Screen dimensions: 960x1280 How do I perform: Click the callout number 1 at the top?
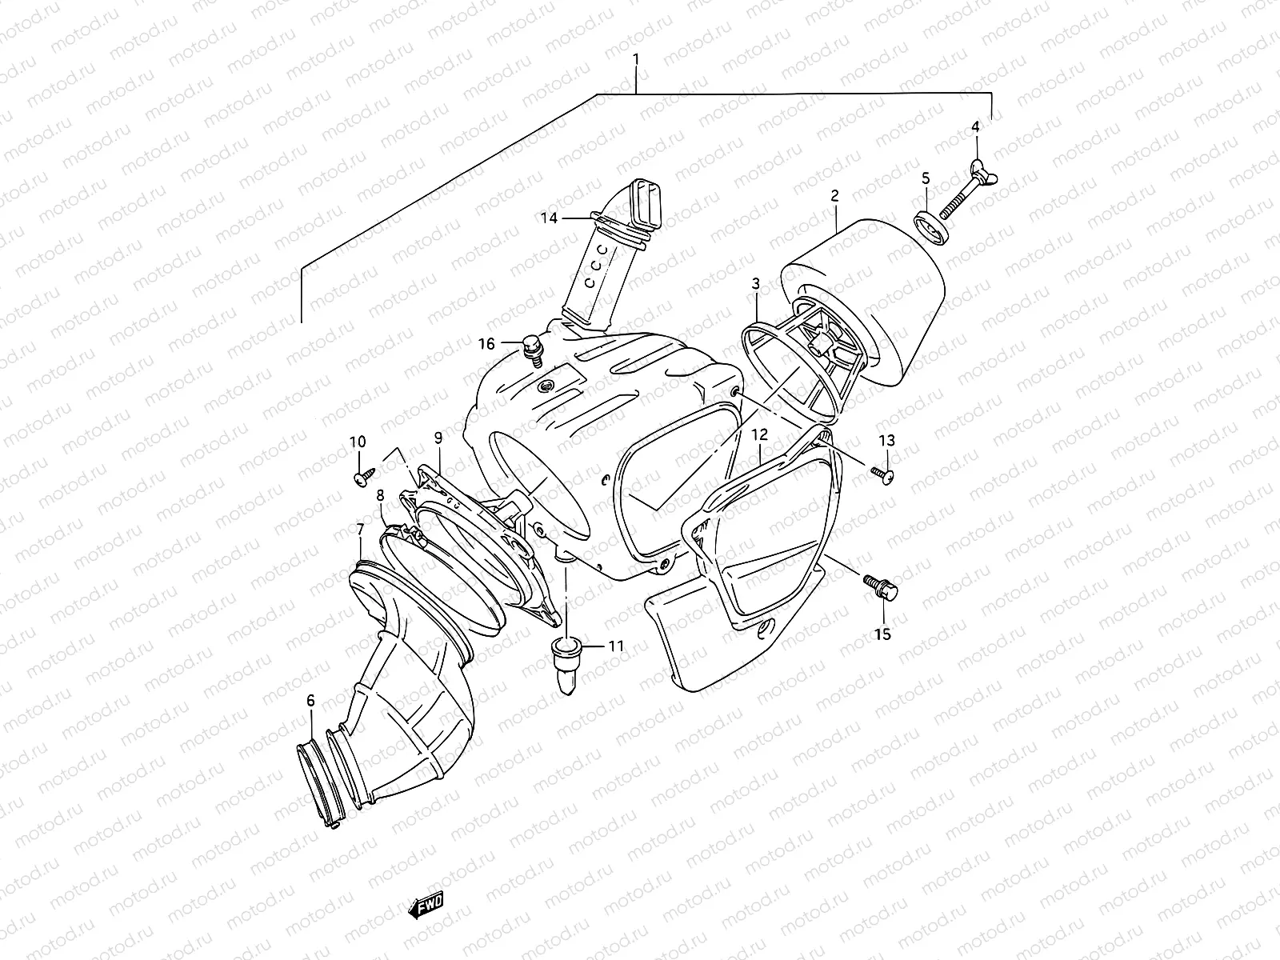click(636, 59)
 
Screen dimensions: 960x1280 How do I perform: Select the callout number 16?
click(510, 344)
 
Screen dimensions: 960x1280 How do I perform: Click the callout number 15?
click(882, 634)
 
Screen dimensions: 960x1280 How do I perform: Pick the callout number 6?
click(310, 701)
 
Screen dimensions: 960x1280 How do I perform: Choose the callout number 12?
click(759, 435)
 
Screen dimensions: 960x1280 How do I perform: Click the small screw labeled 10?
click(359, 478)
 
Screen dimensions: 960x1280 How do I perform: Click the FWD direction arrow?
click(425, 906)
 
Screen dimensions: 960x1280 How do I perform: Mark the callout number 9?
click(438, 438)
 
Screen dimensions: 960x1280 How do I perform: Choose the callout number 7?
click(361, 529)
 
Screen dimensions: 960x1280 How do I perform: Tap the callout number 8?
click(380, 495)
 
